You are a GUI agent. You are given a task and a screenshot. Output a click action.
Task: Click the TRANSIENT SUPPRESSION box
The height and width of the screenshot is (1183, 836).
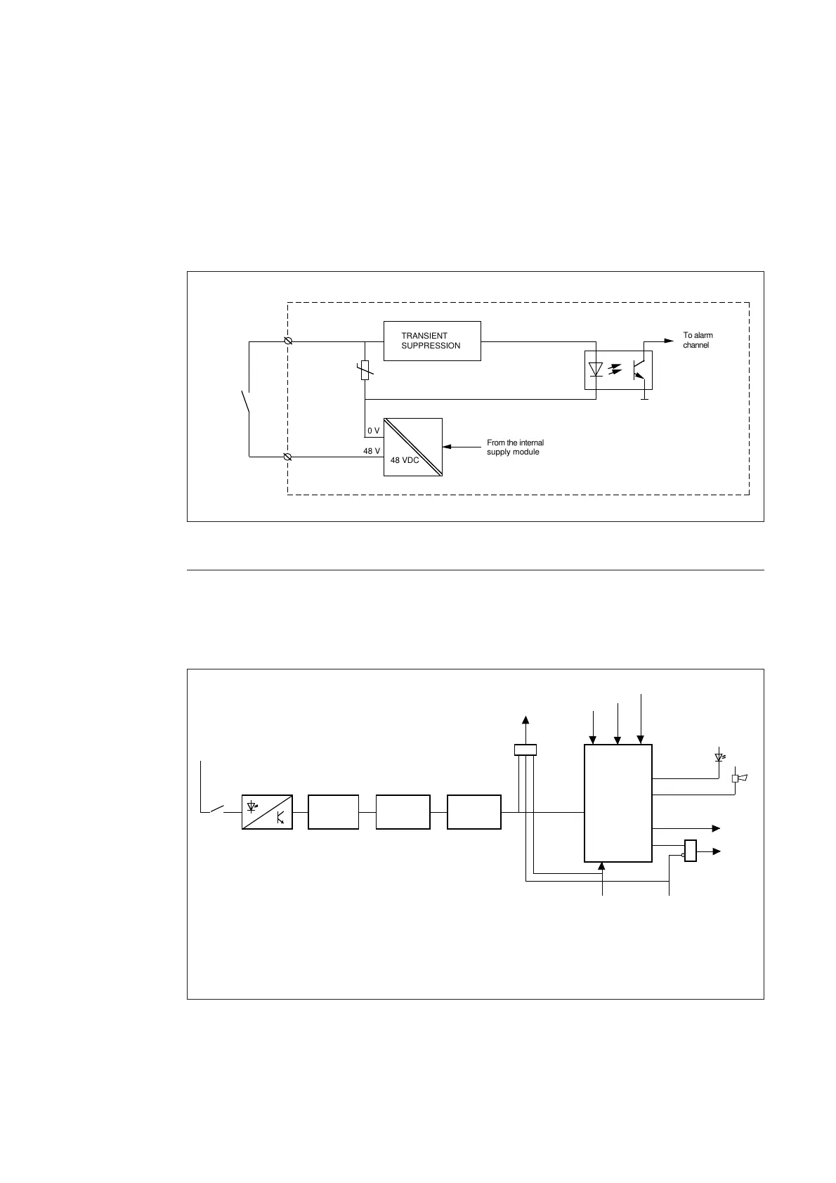(432, 341)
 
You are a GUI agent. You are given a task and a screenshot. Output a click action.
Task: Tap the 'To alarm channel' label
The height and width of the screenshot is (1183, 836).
(698, 341)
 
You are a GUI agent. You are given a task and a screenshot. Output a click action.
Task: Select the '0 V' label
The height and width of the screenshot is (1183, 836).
(373, 430)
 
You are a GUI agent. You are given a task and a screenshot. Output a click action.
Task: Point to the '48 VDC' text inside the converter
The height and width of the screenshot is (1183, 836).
(404, 460)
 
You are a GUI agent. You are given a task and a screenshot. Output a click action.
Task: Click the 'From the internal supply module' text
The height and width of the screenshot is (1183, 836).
(515, 447)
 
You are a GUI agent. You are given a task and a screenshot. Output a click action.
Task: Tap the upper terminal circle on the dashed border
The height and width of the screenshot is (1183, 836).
(287, 341)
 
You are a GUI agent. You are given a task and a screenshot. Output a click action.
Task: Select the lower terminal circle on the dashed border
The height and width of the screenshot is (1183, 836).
(287, 457)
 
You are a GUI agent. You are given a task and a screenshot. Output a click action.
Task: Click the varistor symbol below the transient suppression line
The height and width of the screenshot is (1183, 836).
(365, 370)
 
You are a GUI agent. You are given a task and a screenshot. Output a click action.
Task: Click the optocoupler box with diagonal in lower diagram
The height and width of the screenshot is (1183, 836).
(267, 812)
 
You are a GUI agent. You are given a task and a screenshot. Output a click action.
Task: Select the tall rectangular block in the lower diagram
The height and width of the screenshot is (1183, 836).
(618, 802)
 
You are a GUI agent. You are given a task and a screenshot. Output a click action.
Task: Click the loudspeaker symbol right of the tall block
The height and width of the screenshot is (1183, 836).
(739, 778)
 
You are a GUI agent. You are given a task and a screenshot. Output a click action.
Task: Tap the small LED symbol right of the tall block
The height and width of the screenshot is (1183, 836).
(719, 757)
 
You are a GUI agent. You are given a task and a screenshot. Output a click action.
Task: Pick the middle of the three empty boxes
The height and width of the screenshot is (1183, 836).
(403, 812)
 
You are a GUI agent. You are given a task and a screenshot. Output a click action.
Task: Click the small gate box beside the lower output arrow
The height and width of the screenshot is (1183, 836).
(690, 851)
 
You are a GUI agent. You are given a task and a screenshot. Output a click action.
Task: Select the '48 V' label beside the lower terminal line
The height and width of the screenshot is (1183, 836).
(372, 451)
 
